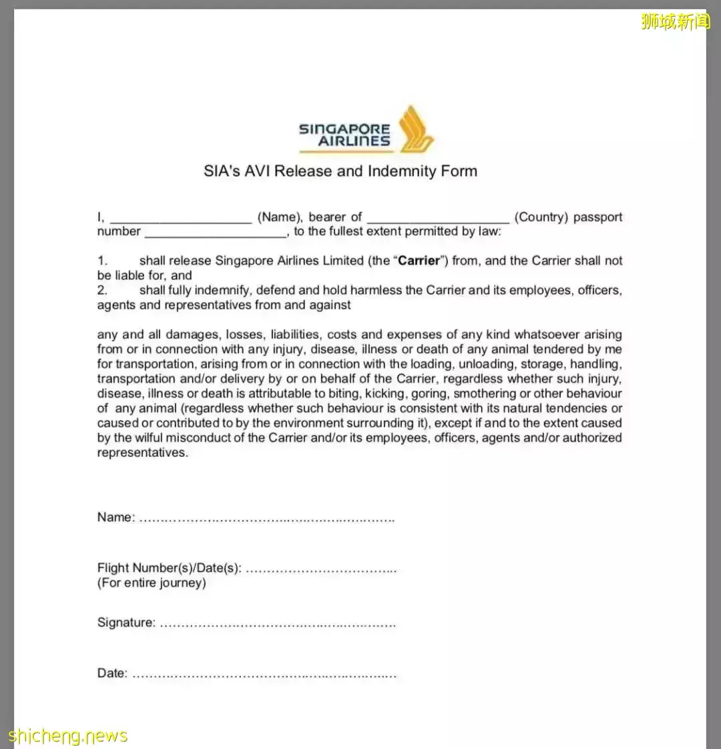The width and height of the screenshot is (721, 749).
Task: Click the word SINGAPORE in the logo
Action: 344,128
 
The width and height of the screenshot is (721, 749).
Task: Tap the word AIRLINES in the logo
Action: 354,141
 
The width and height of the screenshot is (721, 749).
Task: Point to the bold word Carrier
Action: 419,261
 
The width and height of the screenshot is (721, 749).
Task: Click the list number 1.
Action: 102,261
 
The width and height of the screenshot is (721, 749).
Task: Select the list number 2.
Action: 102,290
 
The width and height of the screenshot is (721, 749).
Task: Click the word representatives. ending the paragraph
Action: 143,452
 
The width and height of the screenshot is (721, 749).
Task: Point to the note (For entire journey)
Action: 152,583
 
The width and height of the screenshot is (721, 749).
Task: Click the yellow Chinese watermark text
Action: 675,21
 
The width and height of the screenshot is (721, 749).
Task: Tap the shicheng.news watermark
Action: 67,736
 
